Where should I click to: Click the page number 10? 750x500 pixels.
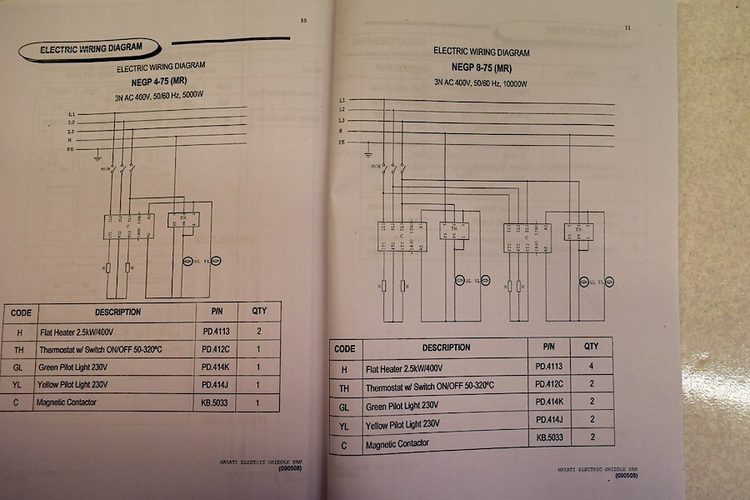point(303,21)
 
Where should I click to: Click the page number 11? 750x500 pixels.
point(626,28)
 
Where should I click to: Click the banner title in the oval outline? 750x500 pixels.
point(91,48)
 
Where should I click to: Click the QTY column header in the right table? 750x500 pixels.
point(591,346)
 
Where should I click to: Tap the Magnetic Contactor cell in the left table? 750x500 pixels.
point(67,402)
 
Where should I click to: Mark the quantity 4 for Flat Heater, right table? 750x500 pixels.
point(591,367)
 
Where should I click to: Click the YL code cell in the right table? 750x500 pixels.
point(344,426)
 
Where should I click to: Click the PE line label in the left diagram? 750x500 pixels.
point(72,145)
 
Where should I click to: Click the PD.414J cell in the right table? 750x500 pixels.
point(551,419)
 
